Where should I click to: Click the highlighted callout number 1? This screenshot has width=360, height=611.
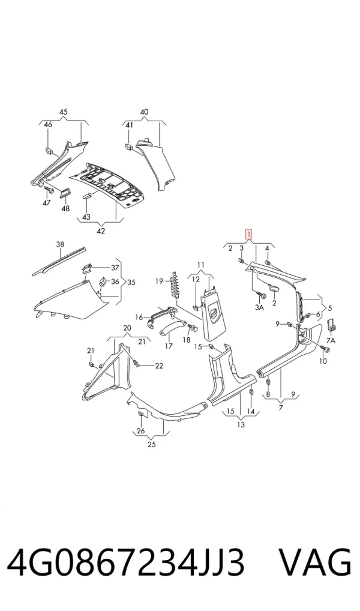[248, 235]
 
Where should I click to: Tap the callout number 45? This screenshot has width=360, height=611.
[64, 112]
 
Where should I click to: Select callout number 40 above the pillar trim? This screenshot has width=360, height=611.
[144, 112]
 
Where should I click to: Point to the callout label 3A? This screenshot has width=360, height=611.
[259, 307]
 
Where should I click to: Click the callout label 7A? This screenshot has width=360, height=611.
[331, 340]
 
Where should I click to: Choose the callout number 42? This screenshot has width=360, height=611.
[101, 231]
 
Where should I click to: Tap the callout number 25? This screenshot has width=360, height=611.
[152, 444]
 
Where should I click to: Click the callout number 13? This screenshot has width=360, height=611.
[241, 424]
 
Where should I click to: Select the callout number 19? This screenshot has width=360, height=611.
[160, 281]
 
